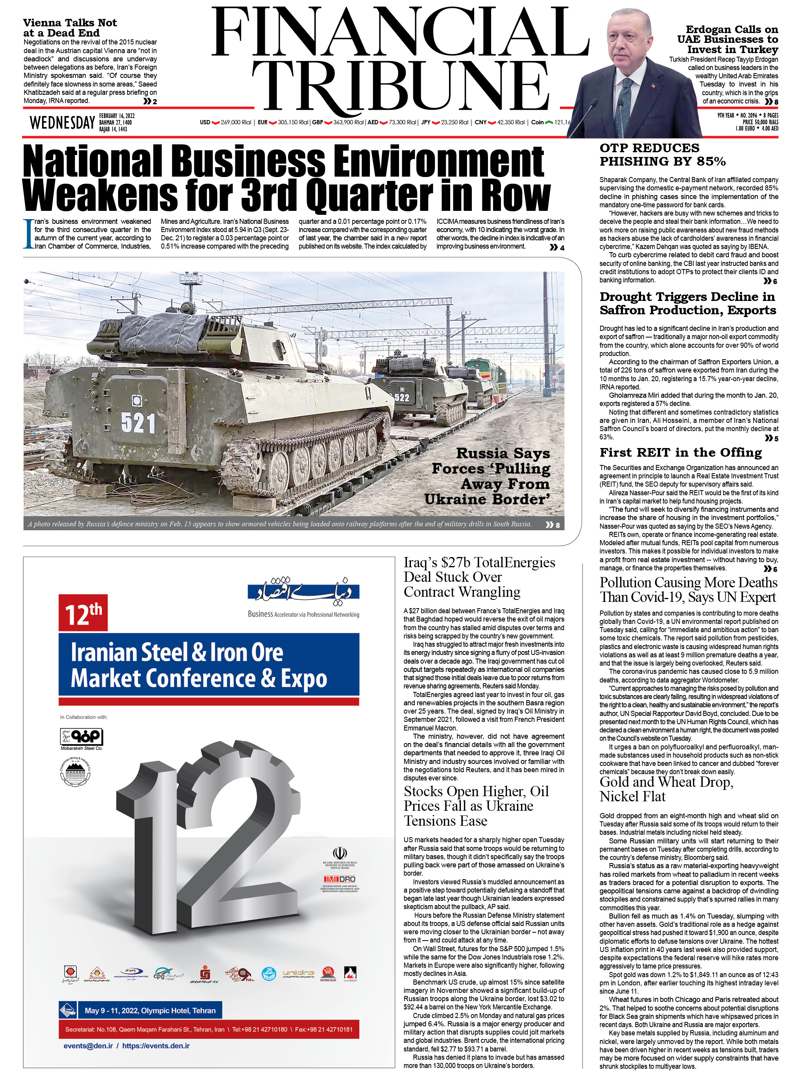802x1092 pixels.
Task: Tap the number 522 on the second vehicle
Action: click(401, 397)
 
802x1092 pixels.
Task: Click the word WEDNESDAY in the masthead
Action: click(62, 123)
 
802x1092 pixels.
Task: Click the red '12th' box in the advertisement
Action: click(83, 613)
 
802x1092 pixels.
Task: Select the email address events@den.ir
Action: click(88, 1046)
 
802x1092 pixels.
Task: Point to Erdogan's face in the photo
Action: click(629, 44)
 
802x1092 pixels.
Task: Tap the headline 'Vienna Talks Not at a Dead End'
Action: click(70, 28)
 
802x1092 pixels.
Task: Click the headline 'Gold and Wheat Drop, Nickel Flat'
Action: click(666, 789)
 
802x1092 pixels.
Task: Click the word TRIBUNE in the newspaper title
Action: click(400, 87)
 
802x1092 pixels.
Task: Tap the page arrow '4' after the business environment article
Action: click(557, 247)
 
